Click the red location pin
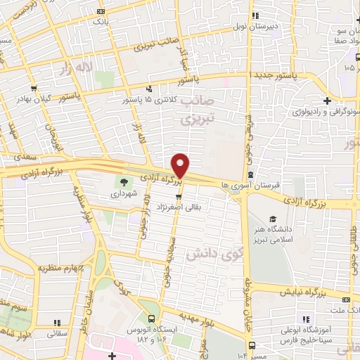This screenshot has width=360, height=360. [181, 165]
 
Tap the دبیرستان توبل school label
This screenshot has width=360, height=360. [281, 25]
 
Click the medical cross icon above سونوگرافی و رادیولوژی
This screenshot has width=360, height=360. [328, 101]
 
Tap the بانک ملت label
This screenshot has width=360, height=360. [344, 309]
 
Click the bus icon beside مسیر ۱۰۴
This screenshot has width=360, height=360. [252, 345]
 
